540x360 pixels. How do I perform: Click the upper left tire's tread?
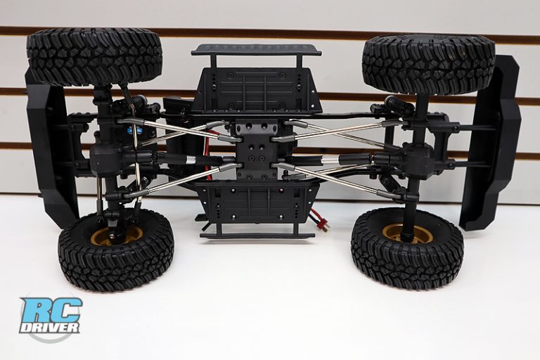[94, 56]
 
